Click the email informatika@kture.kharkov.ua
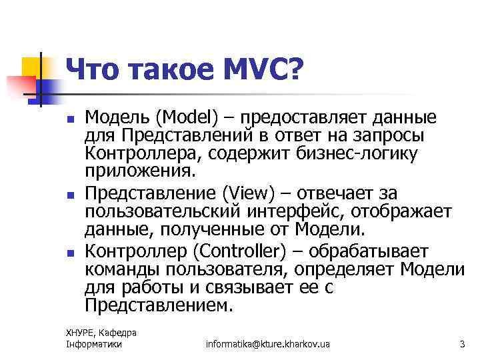click(x=268, y=344)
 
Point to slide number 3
click(x=461, y=344)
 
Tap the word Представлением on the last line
click(x=159, y=306)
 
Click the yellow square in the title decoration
click(x=32, y=67)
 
